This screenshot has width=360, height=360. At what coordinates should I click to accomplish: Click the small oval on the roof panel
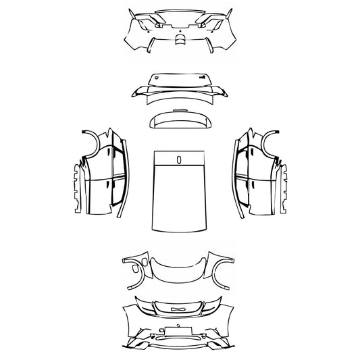pos(180,159)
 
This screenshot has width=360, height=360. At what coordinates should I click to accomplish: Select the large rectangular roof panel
pos(180,196)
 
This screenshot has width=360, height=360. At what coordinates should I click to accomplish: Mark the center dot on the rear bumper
pos(179,28)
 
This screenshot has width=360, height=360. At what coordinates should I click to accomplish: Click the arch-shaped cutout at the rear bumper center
pos(179,39)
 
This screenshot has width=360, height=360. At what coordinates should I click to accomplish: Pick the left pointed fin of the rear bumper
pos(130,14)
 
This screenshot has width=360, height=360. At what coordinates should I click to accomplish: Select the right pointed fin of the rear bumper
pos(230,14)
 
